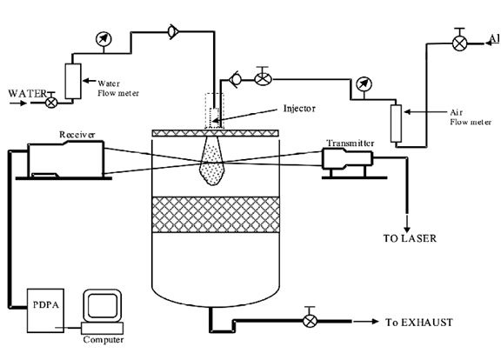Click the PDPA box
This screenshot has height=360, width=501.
tap(45, 310)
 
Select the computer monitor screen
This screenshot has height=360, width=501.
tap(103, 305)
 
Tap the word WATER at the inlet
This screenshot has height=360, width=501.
tap(28, 94)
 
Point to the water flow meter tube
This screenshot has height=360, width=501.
tap(73, 81)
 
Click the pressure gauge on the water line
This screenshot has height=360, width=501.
tap(104, 39)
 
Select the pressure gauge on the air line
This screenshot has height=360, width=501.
tap(364, 84)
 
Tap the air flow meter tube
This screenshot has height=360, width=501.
tap(397, 123)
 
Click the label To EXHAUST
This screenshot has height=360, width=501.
tap(419, 323)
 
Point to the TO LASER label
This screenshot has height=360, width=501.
tap(410, 238)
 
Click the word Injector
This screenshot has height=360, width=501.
tap(299, 109)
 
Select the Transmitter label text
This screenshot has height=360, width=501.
tap(350, 143)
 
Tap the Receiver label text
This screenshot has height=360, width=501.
tap(77, 135)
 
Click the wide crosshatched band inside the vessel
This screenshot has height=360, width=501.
tap(216, 214)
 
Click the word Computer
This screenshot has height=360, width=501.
tap(104, 339)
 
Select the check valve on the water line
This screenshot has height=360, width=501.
tap(173, 31)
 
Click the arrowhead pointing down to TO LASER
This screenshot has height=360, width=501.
tap(407, 230)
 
